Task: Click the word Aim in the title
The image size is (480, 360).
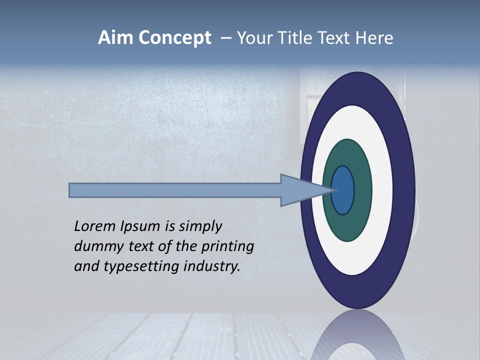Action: [x=115, y=38]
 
